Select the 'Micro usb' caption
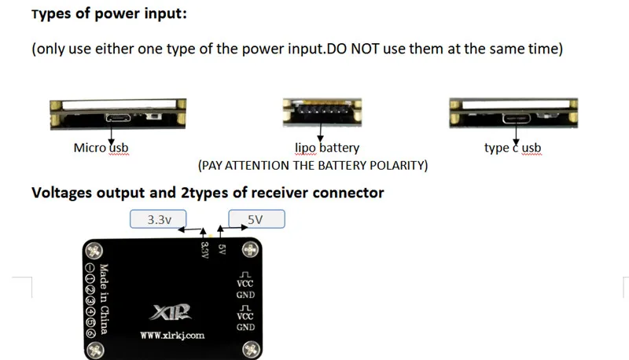click(100, 148)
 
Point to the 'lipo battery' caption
click(327, 148)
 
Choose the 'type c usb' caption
click(513, 148)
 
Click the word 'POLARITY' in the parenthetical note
click(396, 166)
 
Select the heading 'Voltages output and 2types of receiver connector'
click(208, 193)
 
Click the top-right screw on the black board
click(250, 250)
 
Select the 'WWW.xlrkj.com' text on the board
click(172, 336)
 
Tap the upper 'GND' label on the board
click(245, 295)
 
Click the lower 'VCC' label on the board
click(245, 316)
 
